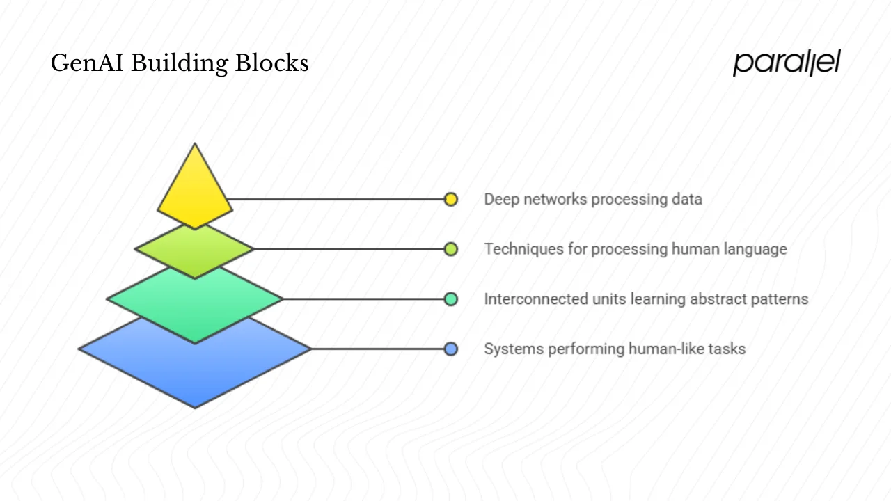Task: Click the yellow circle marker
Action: pyautogui.click(x=451, y=199)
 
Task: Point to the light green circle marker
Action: pyautogui.click(x=451, y=249)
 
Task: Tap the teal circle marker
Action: pyautogui.click(x=451, y=299)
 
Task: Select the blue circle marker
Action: pyautogui.click(x=451, y=349)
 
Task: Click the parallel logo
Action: pyautogui.click(x=787, y=63)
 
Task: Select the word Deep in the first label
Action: pyautogui.click(x=501, y=199)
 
